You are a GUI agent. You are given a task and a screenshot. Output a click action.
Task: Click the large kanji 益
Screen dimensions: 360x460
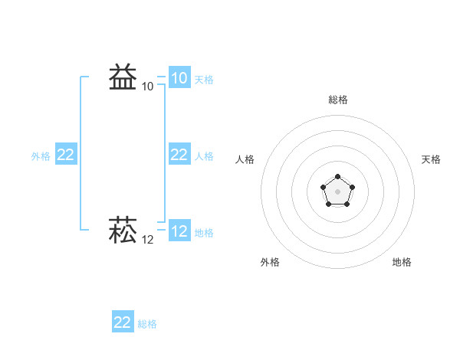click(123, 77)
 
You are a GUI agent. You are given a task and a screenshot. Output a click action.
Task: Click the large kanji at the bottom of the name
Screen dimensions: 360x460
click(123, 231)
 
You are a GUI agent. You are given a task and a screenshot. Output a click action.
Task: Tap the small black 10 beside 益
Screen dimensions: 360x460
click(147, 87)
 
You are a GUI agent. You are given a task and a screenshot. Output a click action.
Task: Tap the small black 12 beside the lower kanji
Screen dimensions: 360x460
click(147, 240)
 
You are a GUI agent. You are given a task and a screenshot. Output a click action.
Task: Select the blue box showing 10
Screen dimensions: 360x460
click(179, 78)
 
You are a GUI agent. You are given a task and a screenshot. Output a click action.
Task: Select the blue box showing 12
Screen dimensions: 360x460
click(179, 231)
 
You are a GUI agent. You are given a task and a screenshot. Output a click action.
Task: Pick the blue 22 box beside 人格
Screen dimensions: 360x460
click(179, 155)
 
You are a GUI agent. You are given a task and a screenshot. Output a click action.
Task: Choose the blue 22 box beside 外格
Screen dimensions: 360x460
click(66, 155)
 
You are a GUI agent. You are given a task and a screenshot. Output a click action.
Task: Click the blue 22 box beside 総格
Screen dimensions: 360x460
click(123, 322)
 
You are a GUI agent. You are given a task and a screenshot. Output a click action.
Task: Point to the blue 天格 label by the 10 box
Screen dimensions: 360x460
click(204, 80)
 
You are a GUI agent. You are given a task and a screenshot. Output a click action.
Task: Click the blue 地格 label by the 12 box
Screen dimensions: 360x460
click(204, 233)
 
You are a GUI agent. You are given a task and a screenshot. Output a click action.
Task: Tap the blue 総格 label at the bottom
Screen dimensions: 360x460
click(147, 324)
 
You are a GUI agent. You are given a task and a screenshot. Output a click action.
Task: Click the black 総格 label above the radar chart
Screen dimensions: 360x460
click(338, 100)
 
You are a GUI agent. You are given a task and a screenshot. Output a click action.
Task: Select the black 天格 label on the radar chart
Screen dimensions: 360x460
click(431, 159)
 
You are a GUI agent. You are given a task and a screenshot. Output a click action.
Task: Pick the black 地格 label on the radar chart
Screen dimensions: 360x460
click(402, 262)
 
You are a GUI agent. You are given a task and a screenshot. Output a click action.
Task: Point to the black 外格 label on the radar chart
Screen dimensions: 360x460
click(270, 262)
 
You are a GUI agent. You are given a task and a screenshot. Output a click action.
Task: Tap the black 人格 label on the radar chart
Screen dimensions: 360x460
click(245, 159)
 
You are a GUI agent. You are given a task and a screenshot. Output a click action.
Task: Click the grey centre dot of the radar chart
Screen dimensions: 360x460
click(337, 191)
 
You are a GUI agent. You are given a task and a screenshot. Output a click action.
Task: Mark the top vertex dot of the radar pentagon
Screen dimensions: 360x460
click(337, 177)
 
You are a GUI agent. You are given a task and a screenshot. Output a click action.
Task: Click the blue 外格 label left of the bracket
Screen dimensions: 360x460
click(41, 156)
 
